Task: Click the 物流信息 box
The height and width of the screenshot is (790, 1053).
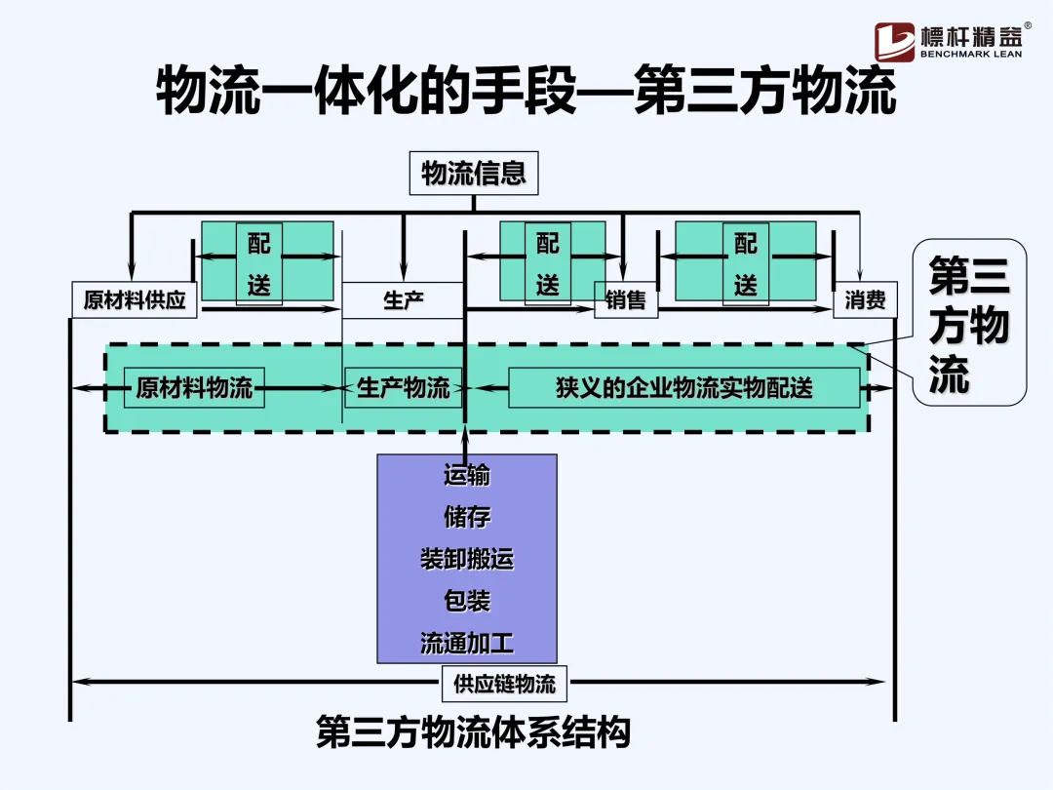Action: (474, 175)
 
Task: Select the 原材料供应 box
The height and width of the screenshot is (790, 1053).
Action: (135, 300)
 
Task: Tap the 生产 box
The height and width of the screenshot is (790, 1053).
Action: (403, 300)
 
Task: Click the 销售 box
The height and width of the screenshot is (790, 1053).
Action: (626, 300)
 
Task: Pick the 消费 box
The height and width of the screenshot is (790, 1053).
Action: (864, 300)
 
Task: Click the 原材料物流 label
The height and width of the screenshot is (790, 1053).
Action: (194, 388)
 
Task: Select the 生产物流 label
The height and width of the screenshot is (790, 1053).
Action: (403, 388)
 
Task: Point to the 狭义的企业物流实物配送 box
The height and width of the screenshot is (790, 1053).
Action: (683, 388)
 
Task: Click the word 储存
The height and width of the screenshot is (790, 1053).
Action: (467, 517)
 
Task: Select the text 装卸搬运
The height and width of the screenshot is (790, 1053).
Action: (467, 559)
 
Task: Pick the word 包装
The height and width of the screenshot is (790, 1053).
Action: (467, 601)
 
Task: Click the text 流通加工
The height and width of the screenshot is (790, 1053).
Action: (467, 643)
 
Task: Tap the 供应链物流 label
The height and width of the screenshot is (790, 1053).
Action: (504, 684)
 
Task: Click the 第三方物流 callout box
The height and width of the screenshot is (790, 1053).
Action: (968, 322)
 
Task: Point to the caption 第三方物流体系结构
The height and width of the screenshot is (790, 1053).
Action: (473, 731)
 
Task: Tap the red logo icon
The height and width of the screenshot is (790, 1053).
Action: (894, 42)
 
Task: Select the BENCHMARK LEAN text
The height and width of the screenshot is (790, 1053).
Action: (970, 56)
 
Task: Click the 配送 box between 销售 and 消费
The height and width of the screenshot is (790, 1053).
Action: (746, 261)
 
